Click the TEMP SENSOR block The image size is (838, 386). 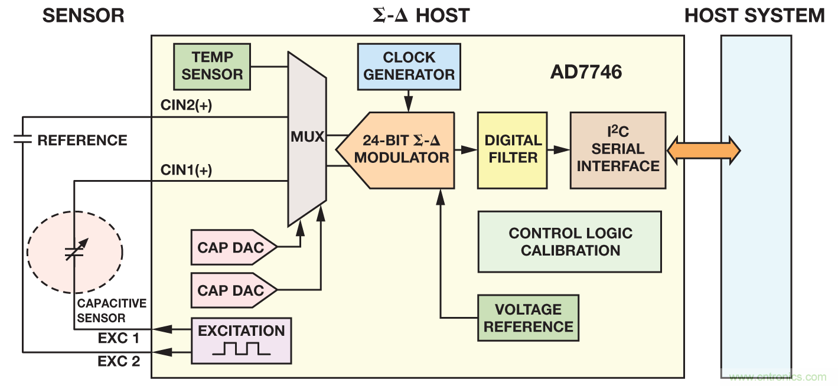click(x=213, y=66)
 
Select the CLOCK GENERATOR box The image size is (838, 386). click(x=409, y=66)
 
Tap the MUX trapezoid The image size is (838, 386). click(x=306, y=138)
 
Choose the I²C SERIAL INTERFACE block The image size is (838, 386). click(x=618, y=150)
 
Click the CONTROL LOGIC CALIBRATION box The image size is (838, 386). click(x=569, y=241)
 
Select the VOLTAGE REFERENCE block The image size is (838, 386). click(x=528, y=318)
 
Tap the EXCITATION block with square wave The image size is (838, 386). click(x=241, y=341)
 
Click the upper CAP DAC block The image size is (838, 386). click(x=232, y=247)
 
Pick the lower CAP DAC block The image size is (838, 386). click(x=232, y=290)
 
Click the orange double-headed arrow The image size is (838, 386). click(x=703, y=150)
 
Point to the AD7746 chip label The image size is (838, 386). click(x=586, y=73)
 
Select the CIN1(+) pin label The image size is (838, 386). click(x=186, y=170)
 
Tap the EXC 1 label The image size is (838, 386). click(x=118, y=339)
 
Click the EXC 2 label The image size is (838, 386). click(x=118, y=361)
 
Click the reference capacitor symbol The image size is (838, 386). click(x=22, y=140)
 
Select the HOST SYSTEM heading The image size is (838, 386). click(x=754, y=15)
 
